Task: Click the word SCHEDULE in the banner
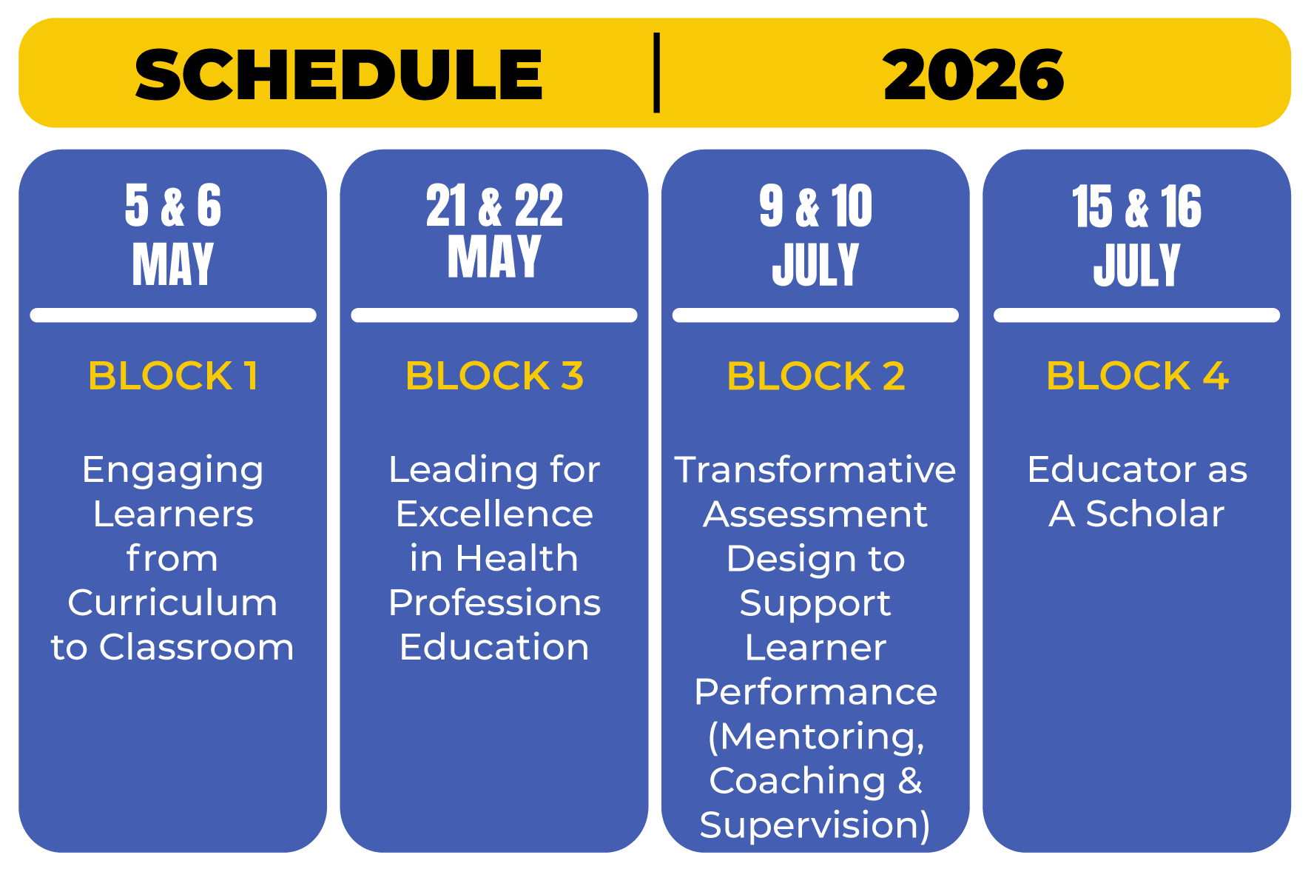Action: point(339,74)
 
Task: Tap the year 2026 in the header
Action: point(974,74)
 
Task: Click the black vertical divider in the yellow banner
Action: point(656,73)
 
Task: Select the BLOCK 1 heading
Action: point(173,375)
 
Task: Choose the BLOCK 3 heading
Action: point(494,375)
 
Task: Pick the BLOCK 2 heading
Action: point(815,375)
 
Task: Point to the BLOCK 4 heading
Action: point(1137,375)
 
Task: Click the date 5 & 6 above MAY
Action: point(173,205)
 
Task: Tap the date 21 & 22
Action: point(494,205)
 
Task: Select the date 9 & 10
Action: point(815,205)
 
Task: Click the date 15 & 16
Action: point(1137,205)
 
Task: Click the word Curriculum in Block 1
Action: point(172,603)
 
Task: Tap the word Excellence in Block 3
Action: point(494,514)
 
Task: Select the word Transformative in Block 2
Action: point(815,469)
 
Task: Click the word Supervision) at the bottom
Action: point(815,825)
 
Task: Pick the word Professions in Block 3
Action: point(494,603)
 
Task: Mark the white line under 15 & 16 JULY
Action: point(1137,315)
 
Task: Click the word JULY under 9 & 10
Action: point(815,264)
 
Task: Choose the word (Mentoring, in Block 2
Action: point(815,737)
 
